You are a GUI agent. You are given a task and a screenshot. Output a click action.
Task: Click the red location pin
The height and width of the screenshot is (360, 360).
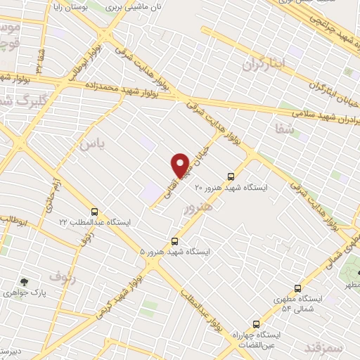tap(181, 165)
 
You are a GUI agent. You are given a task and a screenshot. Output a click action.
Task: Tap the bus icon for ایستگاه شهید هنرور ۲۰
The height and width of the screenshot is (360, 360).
tap(230, 177)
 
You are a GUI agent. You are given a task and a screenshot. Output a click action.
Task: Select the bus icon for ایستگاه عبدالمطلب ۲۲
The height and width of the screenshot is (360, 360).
tap(94, 212)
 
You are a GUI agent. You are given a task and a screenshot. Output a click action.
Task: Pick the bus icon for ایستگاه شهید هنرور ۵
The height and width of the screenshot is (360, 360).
tap(174, 241)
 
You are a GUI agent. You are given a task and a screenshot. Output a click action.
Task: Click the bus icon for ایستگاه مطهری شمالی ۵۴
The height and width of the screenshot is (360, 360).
tap(297, 288)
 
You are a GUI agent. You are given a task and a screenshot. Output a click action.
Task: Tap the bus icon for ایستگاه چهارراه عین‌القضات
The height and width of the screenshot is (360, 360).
tap(255, 324)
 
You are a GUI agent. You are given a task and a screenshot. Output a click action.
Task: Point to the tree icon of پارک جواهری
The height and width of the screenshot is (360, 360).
tap(25, 281)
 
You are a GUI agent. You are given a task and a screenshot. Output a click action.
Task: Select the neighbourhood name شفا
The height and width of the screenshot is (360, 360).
tap(284, 128)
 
